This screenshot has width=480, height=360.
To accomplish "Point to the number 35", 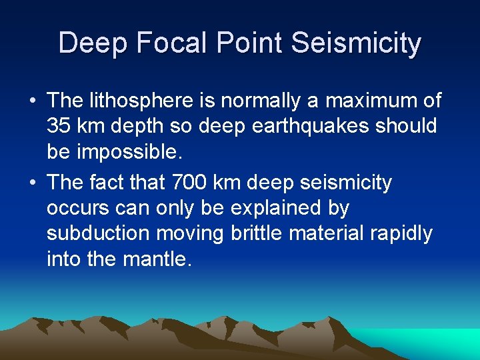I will point(58,126).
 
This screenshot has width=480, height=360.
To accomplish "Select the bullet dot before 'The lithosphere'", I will point(32,101).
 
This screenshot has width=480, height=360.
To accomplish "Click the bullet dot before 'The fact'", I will point(32,183).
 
